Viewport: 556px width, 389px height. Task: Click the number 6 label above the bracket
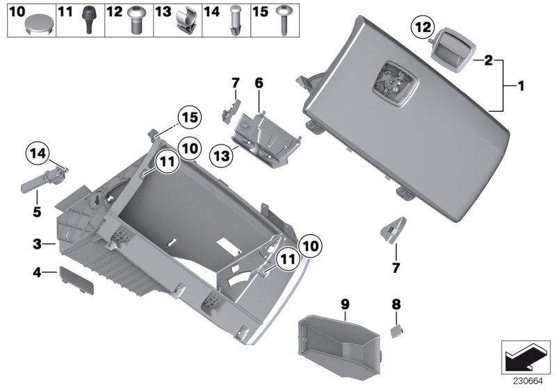(x=259, y=83)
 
